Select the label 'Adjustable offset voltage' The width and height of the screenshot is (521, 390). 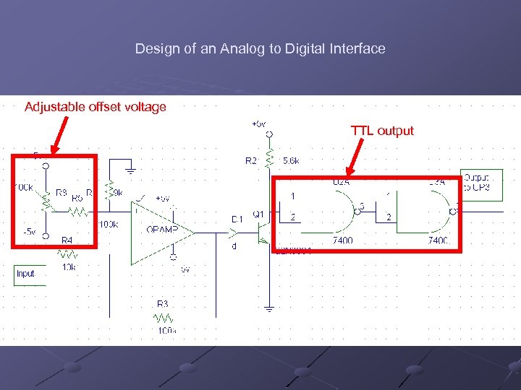point(96,107)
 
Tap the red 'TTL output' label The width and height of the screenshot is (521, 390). point(382,131)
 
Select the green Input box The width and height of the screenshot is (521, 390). point(25,274)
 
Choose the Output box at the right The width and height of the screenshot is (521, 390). point(477,182)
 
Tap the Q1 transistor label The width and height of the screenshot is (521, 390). point(258,214)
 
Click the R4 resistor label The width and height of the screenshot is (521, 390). point(67,240)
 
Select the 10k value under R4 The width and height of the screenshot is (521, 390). point(68,267)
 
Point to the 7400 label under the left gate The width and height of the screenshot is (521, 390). point(342,240)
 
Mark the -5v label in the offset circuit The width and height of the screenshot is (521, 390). point(29,232)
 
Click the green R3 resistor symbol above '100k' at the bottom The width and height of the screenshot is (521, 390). point(164,317)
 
